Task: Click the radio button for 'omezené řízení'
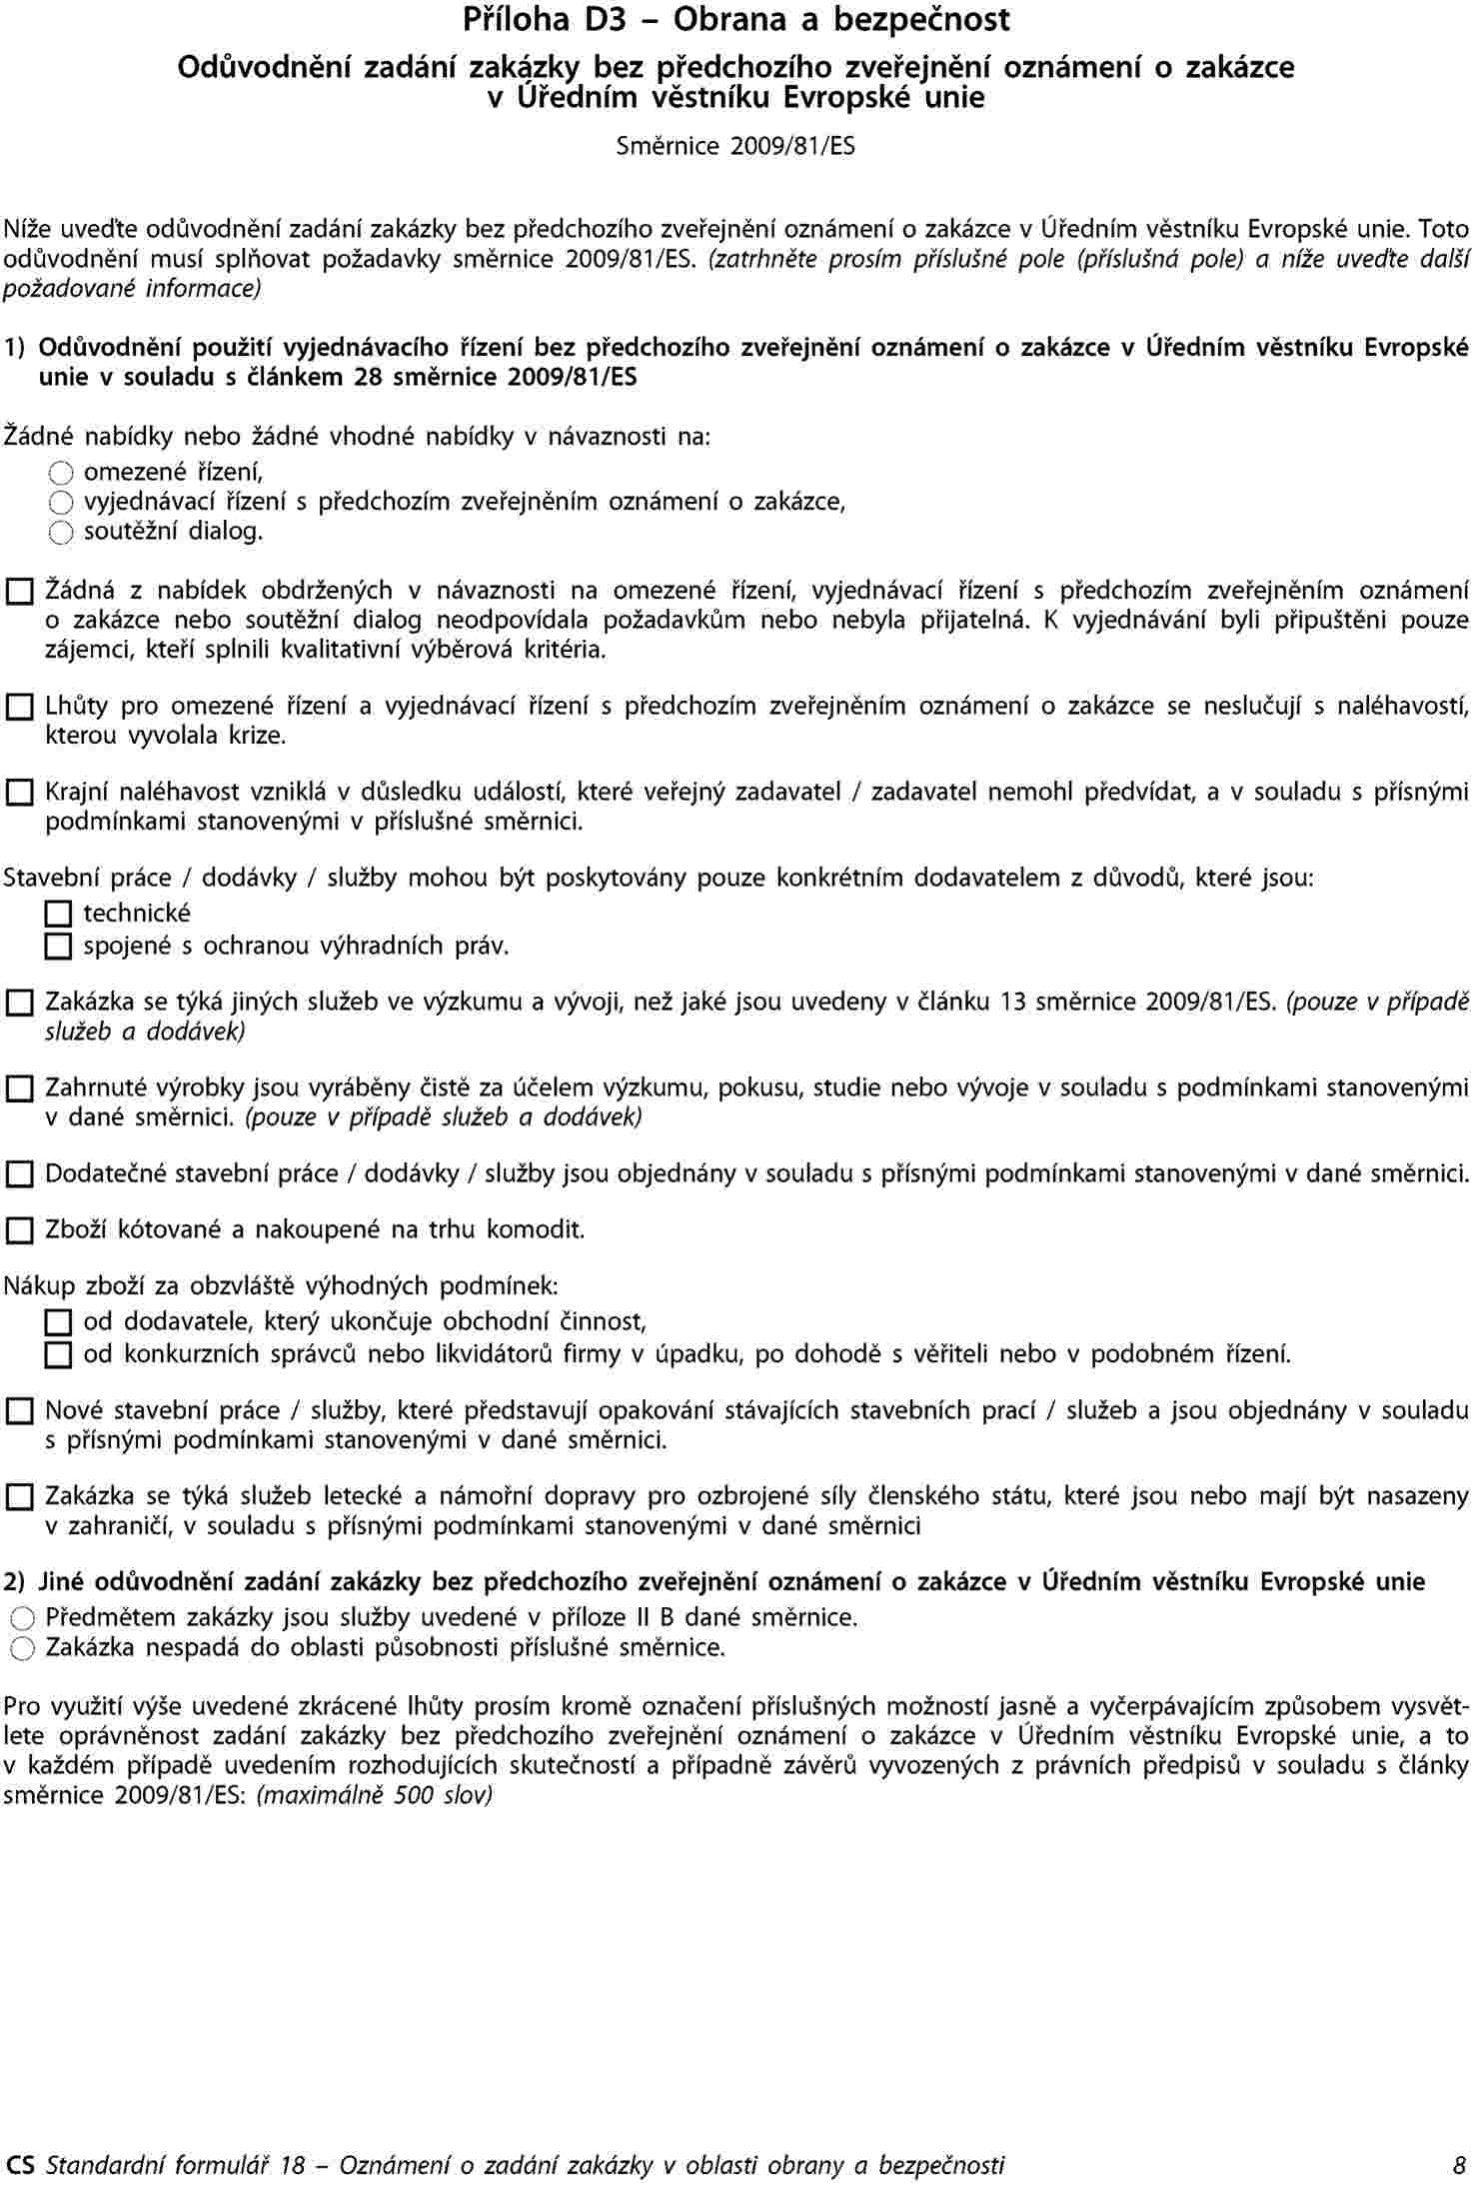pos(61,473)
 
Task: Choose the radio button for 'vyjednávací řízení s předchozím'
pos(61,503)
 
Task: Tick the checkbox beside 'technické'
pos(59,914)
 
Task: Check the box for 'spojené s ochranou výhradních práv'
pos(59,946)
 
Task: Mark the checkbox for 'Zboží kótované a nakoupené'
pos(19,1230)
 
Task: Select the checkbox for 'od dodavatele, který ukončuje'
pos(59,1323)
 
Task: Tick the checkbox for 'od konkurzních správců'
pos(59,1355)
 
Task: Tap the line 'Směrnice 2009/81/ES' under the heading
pos(736,147)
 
